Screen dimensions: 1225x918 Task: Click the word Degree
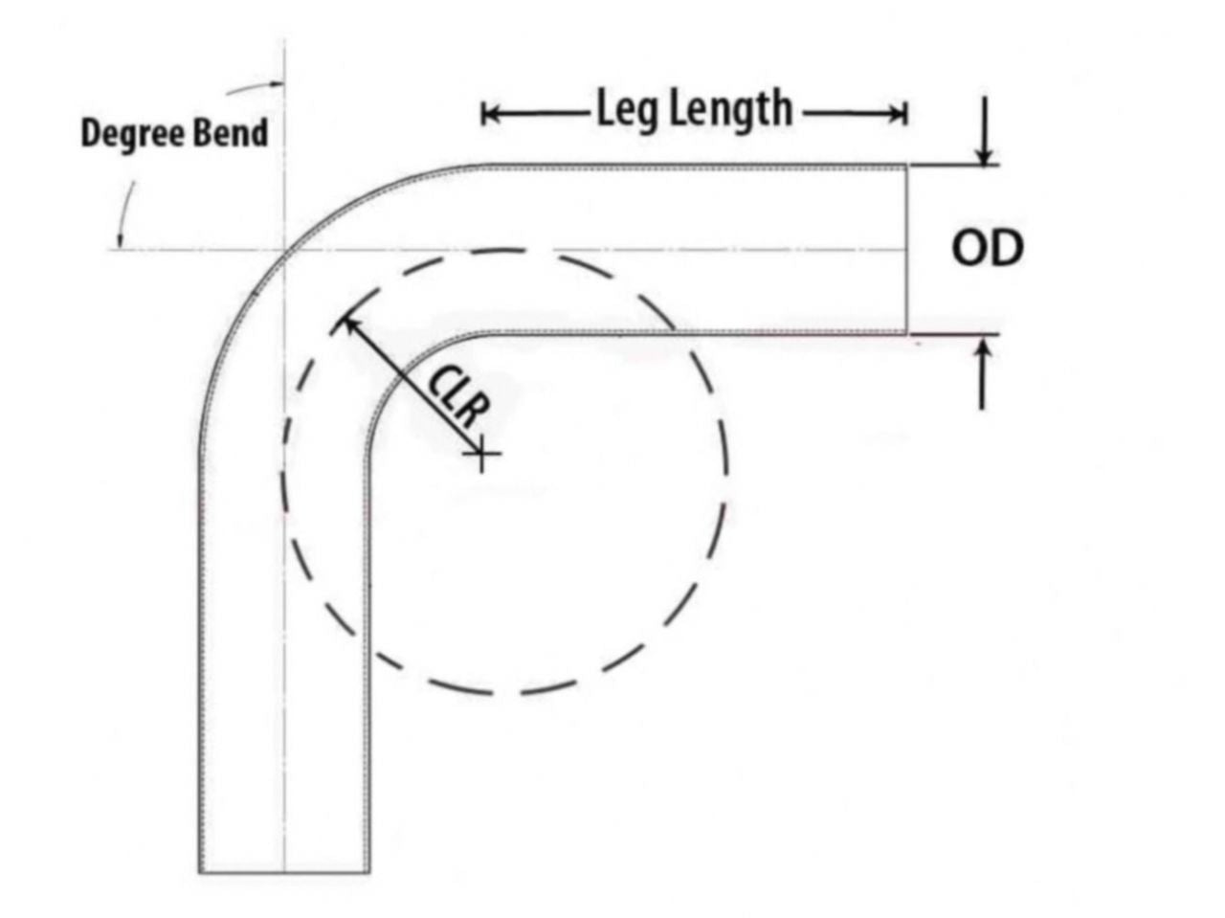[133, 134]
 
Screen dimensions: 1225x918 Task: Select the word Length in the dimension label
[730, 109]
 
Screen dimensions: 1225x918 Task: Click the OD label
[988, 248]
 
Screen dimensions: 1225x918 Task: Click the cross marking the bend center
[482, 453]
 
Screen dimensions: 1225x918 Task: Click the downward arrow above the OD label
[985, 131]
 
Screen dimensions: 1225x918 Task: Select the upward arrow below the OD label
[983, 374]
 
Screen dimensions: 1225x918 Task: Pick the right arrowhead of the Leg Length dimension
[897, 115]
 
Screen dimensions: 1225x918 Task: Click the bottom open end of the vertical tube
[284, 872]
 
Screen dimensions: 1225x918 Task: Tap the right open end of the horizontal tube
[905, 250]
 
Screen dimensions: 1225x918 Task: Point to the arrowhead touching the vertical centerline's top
[276, 84]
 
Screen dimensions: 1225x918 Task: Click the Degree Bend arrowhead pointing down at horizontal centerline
[119, 240]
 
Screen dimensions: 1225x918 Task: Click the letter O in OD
[969, 248]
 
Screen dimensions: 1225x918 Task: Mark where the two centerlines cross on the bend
[284, 250]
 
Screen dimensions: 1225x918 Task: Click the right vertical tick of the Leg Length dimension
[905, 115]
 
